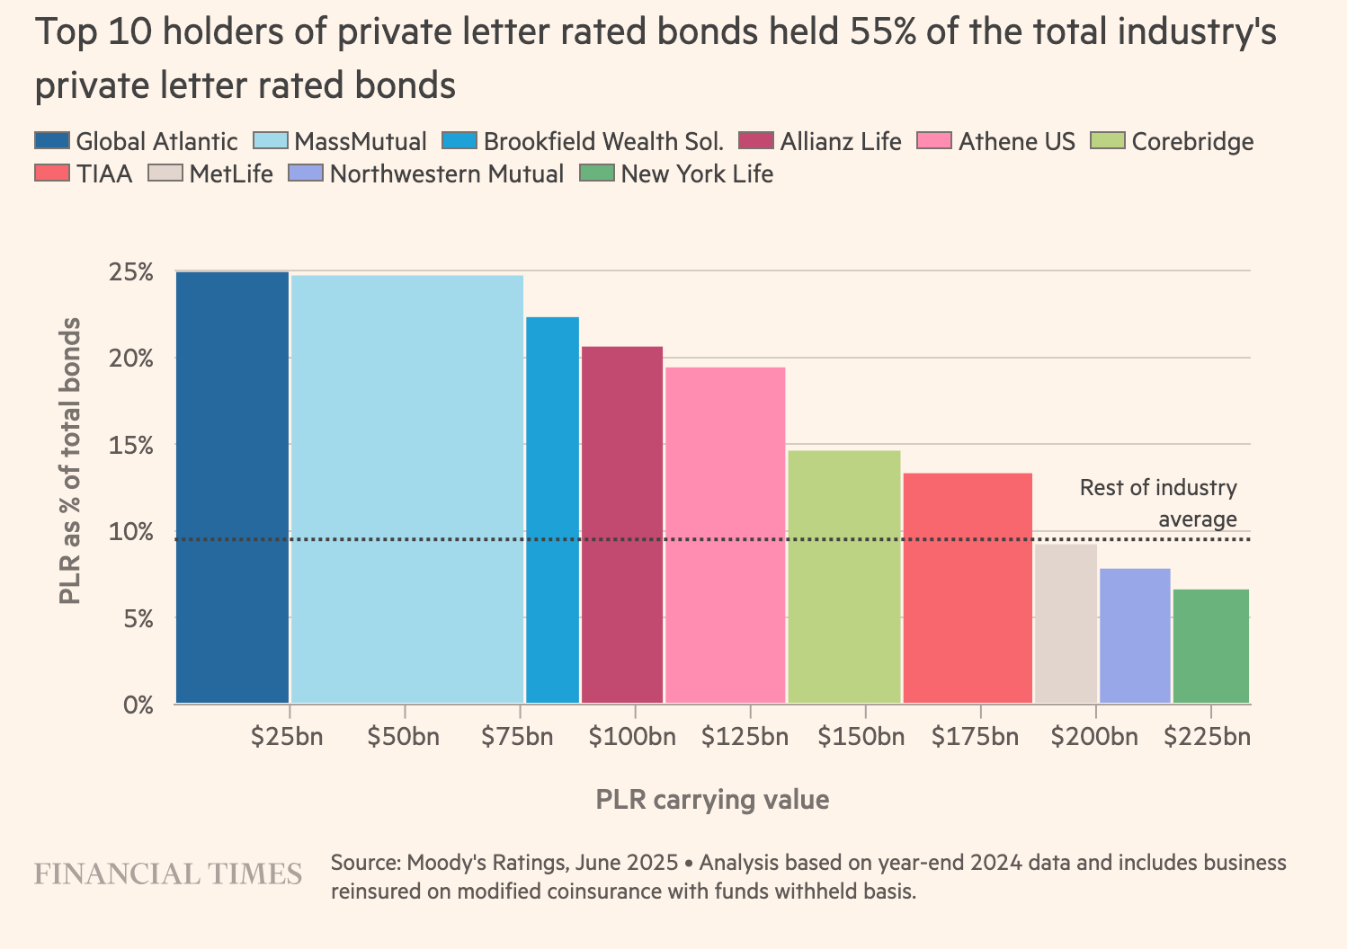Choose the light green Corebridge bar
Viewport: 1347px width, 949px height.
(843, 576)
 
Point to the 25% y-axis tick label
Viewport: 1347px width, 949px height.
(131, 272)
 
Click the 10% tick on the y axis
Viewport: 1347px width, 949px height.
(131, 532)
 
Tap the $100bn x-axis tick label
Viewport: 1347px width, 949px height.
(632, 737)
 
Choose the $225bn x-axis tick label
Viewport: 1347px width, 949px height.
(1207, 737)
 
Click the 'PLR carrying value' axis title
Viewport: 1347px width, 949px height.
(712, 800)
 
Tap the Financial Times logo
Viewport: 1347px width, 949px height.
(168, 874)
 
